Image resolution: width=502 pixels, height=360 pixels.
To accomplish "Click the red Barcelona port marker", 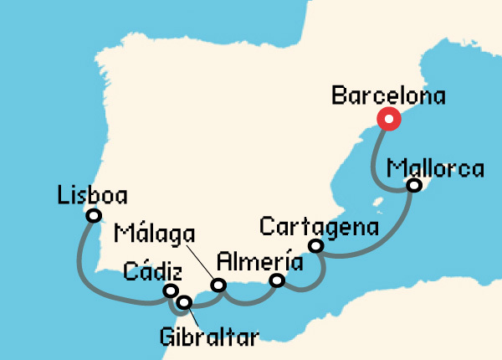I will pos(388,120).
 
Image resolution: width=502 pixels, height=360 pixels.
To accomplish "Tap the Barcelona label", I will pos(388,95).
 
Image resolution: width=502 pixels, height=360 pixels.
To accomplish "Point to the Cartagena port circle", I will pos(315,245).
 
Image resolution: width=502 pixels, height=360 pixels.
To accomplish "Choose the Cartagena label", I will pos(319,226).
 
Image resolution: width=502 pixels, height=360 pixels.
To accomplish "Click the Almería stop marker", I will pos(278,281).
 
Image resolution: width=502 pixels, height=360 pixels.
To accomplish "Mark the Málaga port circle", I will pos(218,285).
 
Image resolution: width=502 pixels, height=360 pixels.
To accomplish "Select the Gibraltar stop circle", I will pos(184,301).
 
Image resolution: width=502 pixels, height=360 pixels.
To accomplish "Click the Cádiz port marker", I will pos(171,291).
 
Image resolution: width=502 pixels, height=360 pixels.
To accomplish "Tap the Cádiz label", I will pos(150,270).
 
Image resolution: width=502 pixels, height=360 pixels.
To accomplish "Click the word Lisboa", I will pos(93,196).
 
